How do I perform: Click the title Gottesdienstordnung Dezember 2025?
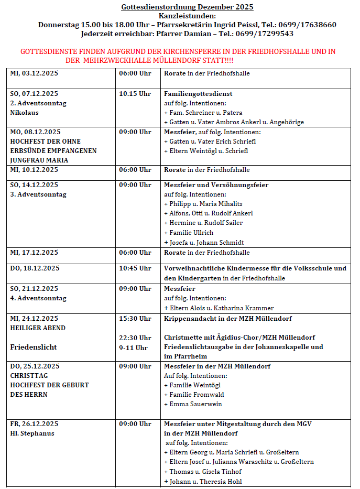(x=187, y=7)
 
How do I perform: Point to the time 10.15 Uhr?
(x=135, y=94)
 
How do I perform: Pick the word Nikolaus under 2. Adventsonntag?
(x=25, y=113)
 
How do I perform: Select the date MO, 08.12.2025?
(x=35, y=132)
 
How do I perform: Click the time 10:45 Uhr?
(x=135, y=268)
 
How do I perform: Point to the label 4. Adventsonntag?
(x=38, y=298)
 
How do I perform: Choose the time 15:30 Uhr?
(x=135, y=319)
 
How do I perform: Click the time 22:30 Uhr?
(x=135, y=338)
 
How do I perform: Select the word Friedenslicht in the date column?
(x=34, y=347)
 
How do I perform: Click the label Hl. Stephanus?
(x=32, y=433)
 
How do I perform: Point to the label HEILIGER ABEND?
(x=38, y=328)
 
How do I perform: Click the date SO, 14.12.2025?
(x=34, y=185)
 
